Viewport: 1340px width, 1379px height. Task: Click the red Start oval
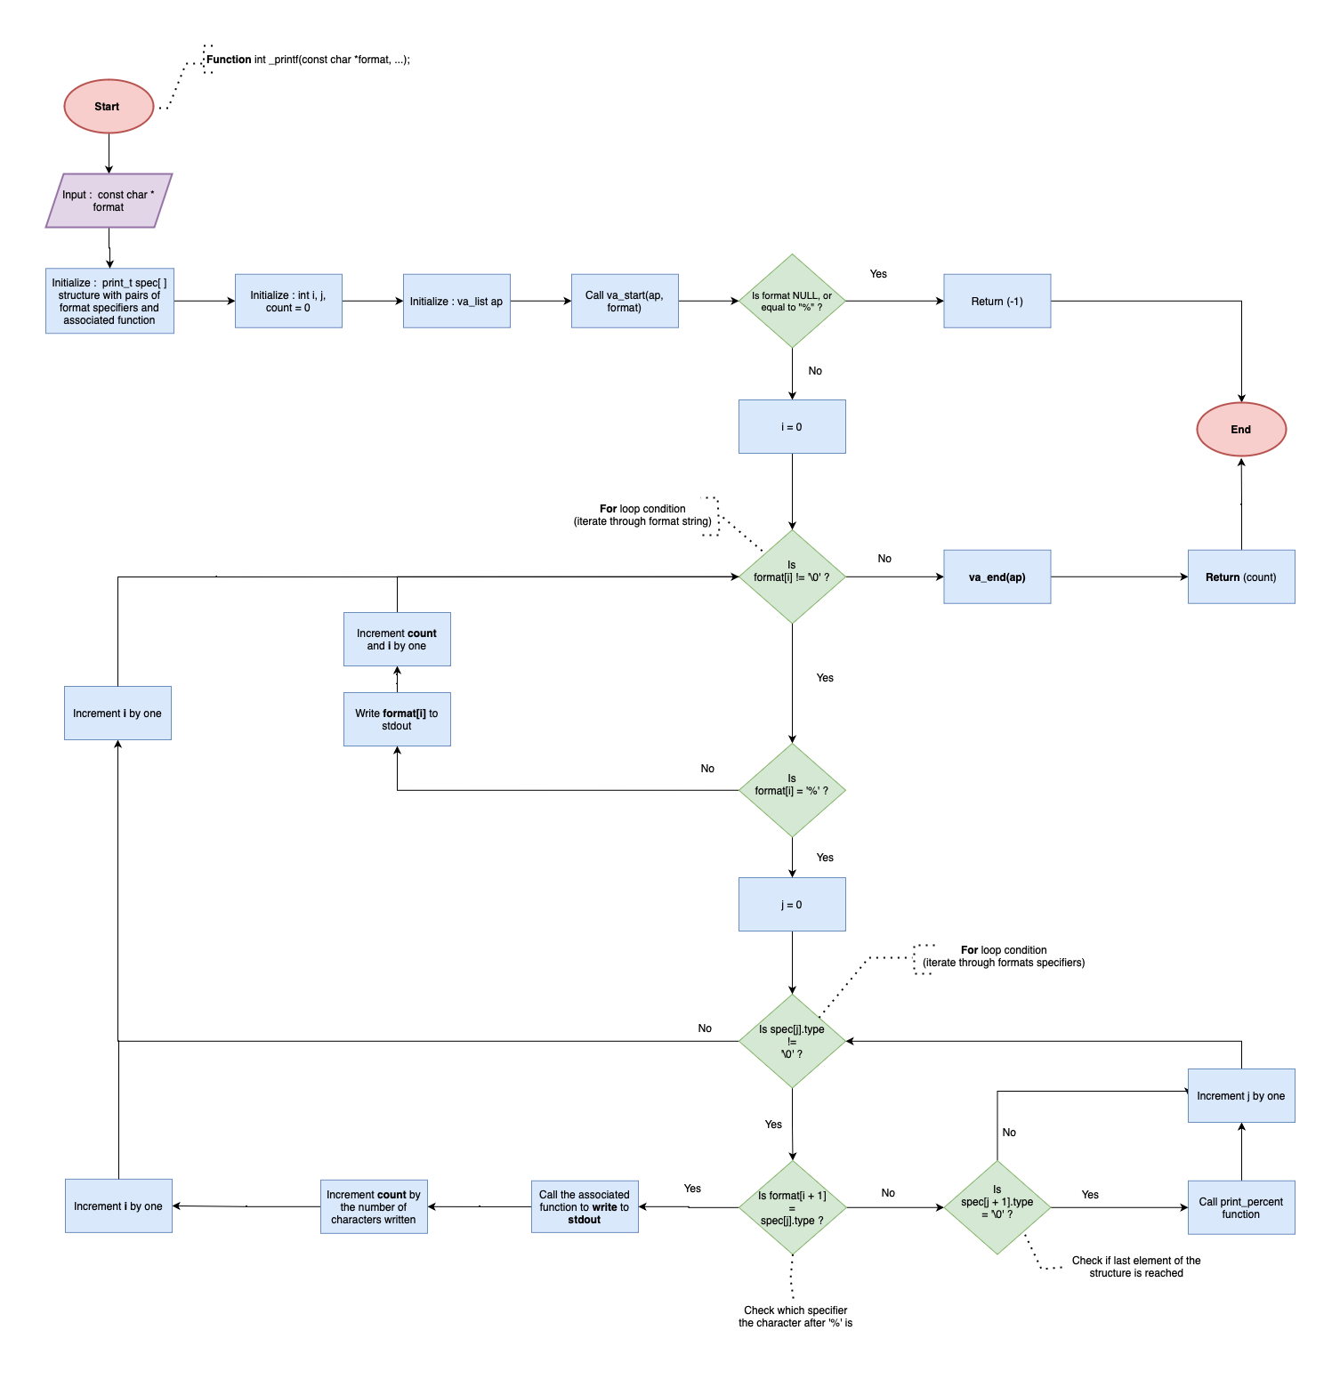pyautogui.click(x=109, y=107)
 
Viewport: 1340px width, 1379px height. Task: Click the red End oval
pyautogui.click(x=1240, y=429)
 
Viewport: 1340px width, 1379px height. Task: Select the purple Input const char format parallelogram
pyautogui.click(x=109, y=201)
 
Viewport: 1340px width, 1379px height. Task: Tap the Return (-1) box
pyautogui.click(x=997, y=302)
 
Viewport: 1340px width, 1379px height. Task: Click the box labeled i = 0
pyautogui.click(x=792, y=427)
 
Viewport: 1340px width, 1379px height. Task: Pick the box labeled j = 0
pyautogui.click(x=792, y=905)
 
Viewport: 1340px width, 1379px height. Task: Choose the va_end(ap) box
pyautogui.click(x=997, y=577)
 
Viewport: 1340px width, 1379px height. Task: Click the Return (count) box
pyautogui.click(x=1240, y=577)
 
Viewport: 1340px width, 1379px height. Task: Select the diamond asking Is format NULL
pyautogui.click(x=792, y=302)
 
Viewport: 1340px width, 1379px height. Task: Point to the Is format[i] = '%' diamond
pyautogui.click(x=792, y=790)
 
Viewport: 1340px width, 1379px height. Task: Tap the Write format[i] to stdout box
pyautogui.click(x=397, y=720)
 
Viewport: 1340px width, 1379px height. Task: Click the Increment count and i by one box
pyautogui.click(x=397, y=640)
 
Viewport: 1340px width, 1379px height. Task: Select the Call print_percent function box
pyautogui.click(x=1240, y=1207)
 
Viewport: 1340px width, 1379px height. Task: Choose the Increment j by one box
pyautogui.click(x=1240, y=1096)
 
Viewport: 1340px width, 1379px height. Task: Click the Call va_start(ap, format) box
pyautogui.click(x=625, y=302)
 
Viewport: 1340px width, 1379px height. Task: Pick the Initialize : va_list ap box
pyautogui.click(x=456, y=302)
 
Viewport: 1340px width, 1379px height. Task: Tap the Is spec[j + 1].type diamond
pyautogui.click(x=997, y=1207)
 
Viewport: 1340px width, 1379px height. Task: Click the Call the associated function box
pyautogui.click(x=585, y=1207)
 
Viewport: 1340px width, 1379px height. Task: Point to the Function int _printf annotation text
pyautogui.click(x=308, y=60)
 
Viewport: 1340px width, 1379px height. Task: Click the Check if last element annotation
pyautogui.click(x=1135, y=1267)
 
